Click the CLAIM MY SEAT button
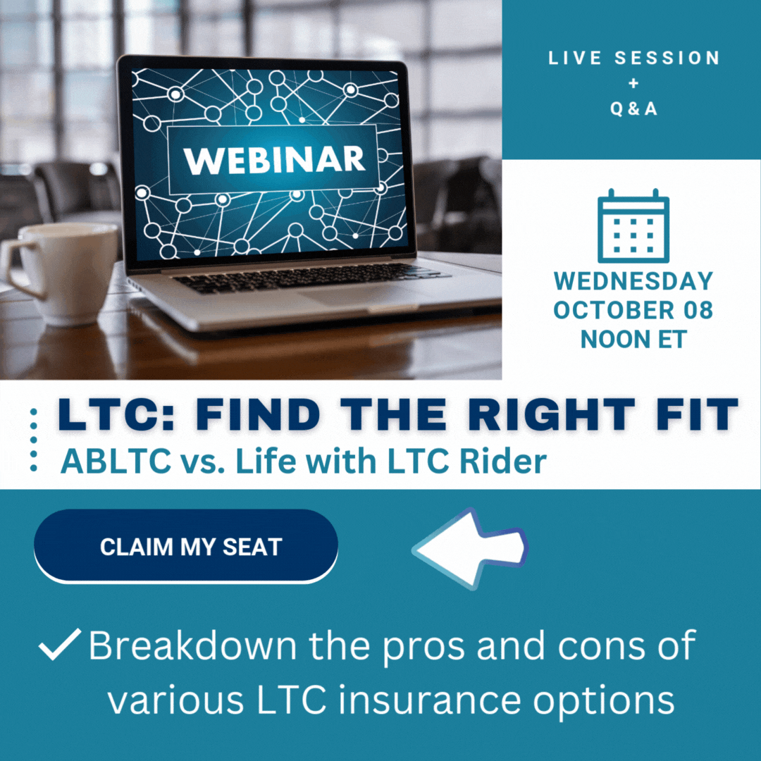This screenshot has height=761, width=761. tap(186, 545)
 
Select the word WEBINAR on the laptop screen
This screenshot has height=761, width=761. tap(274, 160)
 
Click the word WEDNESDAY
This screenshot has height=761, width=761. tap(633, 281)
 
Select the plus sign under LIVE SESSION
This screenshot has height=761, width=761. tap(633, 83)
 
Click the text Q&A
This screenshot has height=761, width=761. tap(633, 109)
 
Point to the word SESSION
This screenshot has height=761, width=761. tap(667, 58)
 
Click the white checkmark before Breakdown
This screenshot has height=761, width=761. tap(59, 644)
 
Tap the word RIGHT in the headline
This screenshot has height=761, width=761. tap(551, 414)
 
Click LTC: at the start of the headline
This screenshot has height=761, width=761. tap(116, 414)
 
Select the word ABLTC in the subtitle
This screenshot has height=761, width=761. tap(116, 461)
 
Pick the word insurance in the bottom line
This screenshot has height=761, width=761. tap(430, 700)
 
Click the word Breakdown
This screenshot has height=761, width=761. tap(192, 645)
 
